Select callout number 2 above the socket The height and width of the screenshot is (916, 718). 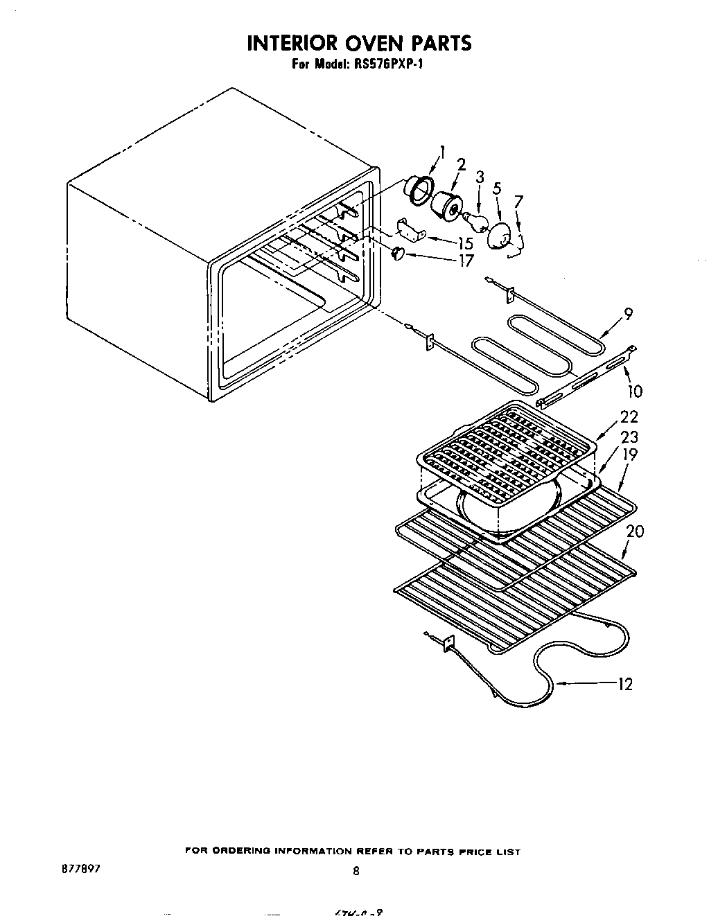point(460,164)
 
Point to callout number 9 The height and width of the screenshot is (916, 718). point(627,315)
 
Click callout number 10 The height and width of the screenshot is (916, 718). point(634,391)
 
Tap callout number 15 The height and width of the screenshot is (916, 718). point(465,244)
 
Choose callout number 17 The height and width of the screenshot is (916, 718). point(466,261)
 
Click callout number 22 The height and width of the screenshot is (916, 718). point(629,417)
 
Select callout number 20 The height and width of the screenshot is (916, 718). point(635,531)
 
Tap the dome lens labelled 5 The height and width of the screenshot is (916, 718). point(500,235)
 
